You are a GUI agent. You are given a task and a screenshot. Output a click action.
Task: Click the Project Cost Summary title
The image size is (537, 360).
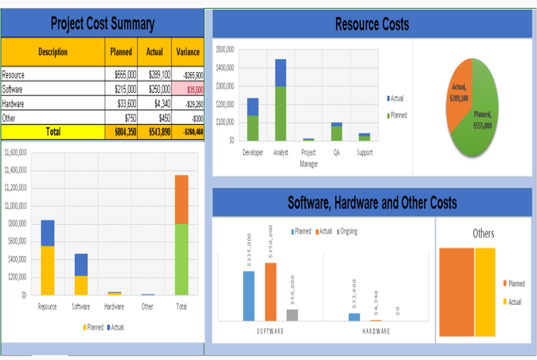(x=102, y=24)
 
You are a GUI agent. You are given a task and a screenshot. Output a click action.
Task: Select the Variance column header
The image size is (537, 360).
(x=188, y=52)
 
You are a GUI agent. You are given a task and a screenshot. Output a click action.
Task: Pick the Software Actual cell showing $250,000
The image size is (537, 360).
(x=154, y=89)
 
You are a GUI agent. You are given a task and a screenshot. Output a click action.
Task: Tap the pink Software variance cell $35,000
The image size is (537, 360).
(x=188, y=89)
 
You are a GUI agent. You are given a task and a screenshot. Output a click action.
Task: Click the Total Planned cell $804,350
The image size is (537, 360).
(x=121, y=131)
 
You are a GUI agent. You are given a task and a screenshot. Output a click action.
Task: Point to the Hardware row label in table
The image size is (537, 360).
(x=14, y=103)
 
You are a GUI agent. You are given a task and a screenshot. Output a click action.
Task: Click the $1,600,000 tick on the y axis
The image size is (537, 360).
(x=15, y=151)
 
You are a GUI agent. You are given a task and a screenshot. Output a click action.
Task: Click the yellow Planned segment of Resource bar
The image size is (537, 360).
(x=48, y=270)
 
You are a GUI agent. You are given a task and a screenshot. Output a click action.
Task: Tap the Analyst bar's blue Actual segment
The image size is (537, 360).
(x=280, y=73)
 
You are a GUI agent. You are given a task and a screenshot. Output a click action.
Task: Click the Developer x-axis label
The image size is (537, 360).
(x=253, y=153)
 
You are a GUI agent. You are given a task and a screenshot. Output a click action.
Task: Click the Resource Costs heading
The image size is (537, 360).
(x=372, y=24)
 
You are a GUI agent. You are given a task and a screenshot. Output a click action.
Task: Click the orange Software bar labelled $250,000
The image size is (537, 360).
(x=271, y=291)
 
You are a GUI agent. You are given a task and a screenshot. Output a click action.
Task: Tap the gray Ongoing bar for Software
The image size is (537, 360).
(x=292, y=314)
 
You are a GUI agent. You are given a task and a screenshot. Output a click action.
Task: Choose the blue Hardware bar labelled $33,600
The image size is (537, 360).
(x=355, y=316)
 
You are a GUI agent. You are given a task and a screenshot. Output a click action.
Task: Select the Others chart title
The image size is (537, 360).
(x=483, y=233)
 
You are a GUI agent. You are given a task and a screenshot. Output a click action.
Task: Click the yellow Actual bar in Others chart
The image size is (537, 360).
(x=485, y=292)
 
